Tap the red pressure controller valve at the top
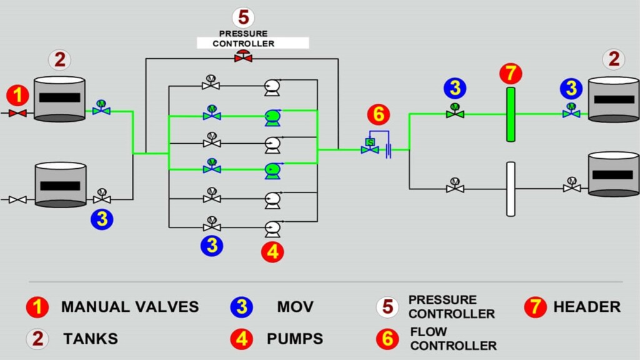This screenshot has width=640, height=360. [x=243, y=57]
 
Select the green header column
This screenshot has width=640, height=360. [x=511, y=114]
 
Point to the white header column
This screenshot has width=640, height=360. [x=511, y=189]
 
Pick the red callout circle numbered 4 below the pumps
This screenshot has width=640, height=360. [x=273, y=252]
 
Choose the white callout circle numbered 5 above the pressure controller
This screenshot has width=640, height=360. [x=243, y=17]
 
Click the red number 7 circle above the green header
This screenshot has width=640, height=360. [x=511, y=74]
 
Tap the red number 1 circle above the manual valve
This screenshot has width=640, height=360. [x=17, y=96]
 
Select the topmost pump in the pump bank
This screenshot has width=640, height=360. [x=272, y=87]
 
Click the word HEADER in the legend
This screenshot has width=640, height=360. [x=587, y=307]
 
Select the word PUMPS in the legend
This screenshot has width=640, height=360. [x=295, y=339]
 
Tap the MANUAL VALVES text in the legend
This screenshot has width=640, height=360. [x=130, y=307]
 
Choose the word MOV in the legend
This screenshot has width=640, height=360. [x=295, y=307]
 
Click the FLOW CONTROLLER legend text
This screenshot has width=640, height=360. [x=453, y=338]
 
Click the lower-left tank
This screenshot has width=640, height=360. [x=60, y=185]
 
